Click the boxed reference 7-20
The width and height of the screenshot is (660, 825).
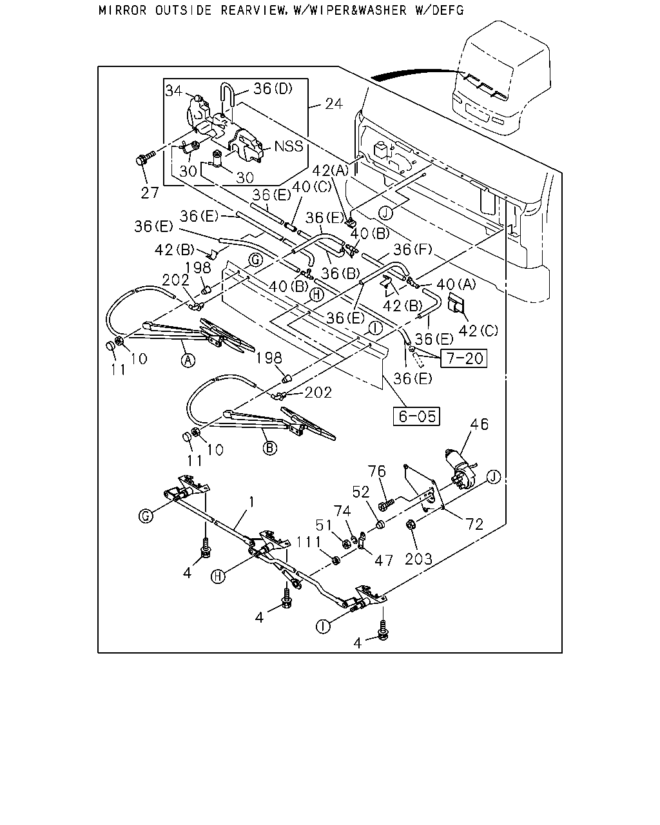point(463,358)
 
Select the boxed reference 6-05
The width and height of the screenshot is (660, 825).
point(416,416)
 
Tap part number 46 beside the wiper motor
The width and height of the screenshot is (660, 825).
point(480,424)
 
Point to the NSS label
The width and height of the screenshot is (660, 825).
point(289,146)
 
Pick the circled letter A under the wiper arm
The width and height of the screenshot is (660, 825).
point(188,360)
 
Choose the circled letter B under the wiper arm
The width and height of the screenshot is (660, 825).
point(269,448)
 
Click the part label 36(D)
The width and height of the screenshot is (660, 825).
point(273,89)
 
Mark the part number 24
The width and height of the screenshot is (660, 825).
point(334,104)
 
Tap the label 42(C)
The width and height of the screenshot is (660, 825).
point(478,331)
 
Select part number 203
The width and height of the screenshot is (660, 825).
point(418,559)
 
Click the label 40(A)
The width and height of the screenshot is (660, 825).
point(456,284)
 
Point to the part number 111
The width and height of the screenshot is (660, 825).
point(309,542)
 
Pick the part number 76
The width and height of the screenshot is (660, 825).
point(376,471)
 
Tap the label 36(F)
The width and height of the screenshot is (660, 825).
point(412,250)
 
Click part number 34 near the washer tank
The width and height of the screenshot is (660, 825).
point(174,91)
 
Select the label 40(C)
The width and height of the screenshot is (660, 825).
point(312,187)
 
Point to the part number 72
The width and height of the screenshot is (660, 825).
point(474,525)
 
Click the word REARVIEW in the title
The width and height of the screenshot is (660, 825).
point(253,10)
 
